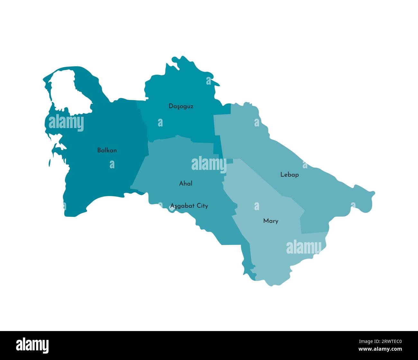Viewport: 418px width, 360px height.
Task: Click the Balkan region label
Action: [x=107, y=150]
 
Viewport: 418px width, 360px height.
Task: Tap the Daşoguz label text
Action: [x=181, y=106]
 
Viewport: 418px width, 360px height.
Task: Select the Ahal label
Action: [x=186, y=183]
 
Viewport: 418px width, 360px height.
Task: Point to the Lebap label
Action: [x=289, y=175]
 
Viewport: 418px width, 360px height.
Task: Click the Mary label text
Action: [x=270, y=221]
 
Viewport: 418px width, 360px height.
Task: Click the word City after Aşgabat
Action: [x=202, y=206]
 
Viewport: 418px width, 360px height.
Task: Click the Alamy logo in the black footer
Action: [x=32, y=345]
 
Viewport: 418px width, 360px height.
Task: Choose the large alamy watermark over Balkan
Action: [x=66, y=123]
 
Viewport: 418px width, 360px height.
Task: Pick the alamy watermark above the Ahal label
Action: [x=209, y=164]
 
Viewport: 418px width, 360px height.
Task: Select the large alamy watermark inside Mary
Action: [x=304, y=247]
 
